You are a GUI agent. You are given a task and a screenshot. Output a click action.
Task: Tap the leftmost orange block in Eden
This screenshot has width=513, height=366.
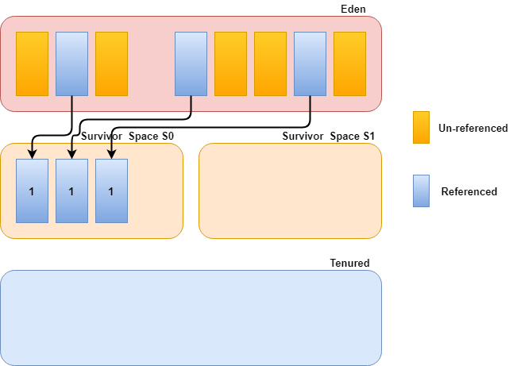(x=32, y=64)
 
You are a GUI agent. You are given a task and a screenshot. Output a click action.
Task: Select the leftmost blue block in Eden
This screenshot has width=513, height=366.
(x=71, y=64)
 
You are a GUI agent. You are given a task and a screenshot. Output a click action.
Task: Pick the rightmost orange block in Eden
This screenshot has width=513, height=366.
(x=349, y=64)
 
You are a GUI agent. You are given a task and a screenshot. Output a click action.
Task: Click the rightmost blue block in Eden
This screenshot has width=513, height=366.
(x=310, y=64)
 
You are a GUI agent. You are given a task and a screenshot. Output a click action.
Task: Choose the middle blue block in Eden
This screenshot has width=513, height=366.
(x=191, y=64)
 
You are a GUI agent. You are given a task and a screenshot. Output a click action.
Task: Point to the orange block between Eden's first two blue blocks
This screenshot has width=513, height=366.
(x=111, y=64)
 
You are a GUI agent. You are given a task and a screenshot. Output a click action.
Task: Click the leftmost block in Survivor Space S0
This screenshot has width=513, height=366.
(x=32, y=191)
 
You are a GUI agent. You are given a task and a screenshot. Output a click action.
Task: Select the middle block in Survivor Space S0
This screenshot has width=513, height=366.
(x=71, y=191)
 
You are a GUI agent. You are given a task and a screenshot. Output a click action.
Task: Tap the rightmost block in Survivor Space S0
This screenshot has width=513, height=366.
(x=111, y=191)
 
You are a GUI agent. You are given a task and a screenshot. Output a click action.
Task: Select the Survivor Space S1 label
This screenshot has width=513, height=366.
(x=328, y=137)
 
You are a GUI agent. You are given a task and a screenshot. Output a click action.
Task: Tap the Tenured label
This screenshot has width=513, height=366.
(x=349, y=263)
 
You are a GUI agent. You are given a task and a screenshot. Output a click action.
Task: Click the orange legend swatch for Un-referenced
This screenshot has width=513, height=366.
(x=421, y=128)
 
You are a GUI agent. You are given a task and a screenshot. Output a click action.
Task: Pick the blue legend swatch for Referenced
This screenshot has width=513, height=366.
(x=421, y=191)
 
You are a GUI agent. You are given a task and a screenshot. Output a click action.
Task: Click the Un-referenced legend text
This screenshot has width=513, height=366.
(x=472, y=128)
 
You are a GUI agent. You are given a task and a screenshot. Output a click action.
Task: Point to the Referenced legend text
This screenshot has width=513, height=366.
(x=469, y=191)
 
